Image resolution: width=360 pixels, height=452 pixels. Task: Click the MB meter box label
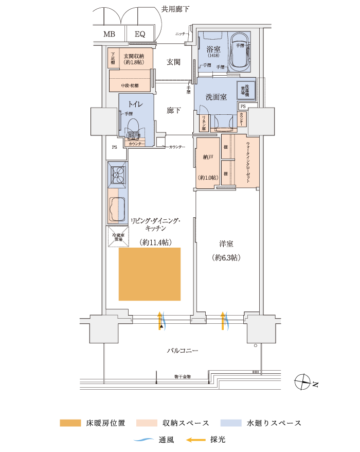[109, 34]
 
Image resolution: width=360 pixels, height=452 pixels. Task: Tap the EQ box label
[140, 34]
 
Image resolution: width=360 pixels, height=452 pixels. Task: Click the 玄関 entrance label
[173, 62]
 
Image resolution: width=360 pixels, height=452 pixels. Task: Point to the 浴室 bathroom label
[213, 50]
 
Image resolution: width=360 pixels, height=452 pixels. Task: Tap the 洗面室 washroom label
[216, 97]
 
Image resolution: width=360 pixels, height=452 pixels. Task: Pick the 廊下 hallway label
[173, 110]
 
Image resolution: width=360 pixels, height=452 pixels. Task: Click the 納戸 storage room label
[208, 158]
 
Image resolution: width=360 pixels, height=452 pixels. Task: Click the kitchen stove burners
[118, 177]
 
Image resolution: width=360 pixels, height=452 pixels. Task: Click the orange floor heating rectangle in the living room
[150, 274]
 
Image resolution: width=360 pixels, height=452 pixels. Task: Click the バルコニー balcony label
[182, 351]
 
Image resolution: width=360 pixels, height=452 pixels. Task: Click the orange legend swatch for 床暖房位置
[70, 423]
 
